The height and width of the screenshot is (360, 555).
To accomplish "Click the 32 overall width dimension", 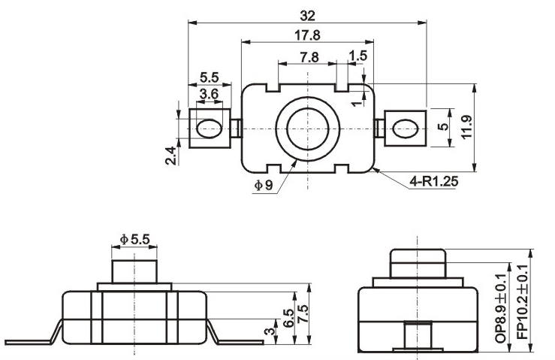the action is pyautogui.click(x=307, y=16).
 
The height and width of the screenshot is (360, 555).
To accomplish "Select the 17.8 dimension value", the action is pyautogui.click(x=307, y=35).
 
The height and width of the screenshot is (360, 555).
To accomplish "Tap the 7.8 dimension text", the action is pyautogui.click(x=309, y=57).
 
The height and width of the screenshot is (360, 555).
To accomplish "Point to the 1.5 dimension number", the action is pyautogui.click(x=358, y=56).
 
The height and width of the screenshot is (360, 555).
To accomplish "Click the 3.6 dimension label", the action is pyautogui.click(x=209, y=94).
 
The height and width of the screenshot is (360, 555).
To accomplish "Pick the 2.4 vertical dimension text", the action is pyautogui.click(x=170, y=156).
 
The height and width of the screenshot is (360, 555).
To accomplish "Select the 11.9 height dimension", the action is pyautogui.click(x=466, y=127).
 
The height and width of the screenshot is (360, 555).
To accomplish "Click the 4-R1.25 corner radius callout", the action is pyautogui.click(x=433, y=181).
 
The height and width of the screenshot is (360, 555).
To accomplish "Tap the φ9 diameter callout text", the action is pyautogui.click(x=264, y=185).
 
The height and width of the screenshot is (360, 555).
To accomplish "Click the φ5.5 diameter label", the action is pyautogui.click(x=135, y=240).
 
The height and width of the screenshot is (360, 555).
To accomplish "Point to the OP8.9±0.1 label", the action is pyautogui.click(x=501, y=308).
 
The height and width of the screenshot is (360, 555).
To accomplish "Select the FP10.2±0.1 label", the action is pyautogui.click(x=523, y=302).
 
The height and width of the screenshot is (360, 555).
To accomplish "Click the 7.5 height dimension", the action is pyautogui.click(x=303, y=313).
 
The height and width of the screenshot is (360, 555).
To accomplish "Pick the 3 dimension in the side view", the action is pyautogui.click(x=270, y=331).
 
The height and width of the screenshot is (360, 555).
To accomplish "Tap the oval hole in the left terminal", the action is pyautogui.click(x=210, y=129).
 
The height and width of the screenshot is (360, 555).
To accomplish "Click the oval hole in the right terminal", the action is pyautogui.click(x=406, y=129).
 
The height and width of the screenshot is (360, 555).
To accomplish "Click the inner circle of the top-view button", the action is pyautogui.click(x=308, y=129).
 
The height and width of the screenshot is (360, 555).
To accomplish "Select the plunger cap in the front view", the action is pyautogui.click(x=134, y=271).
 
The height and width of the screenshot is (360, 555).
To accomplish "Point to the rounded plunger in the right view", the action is pyautogui.click(x=418, y=263).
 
